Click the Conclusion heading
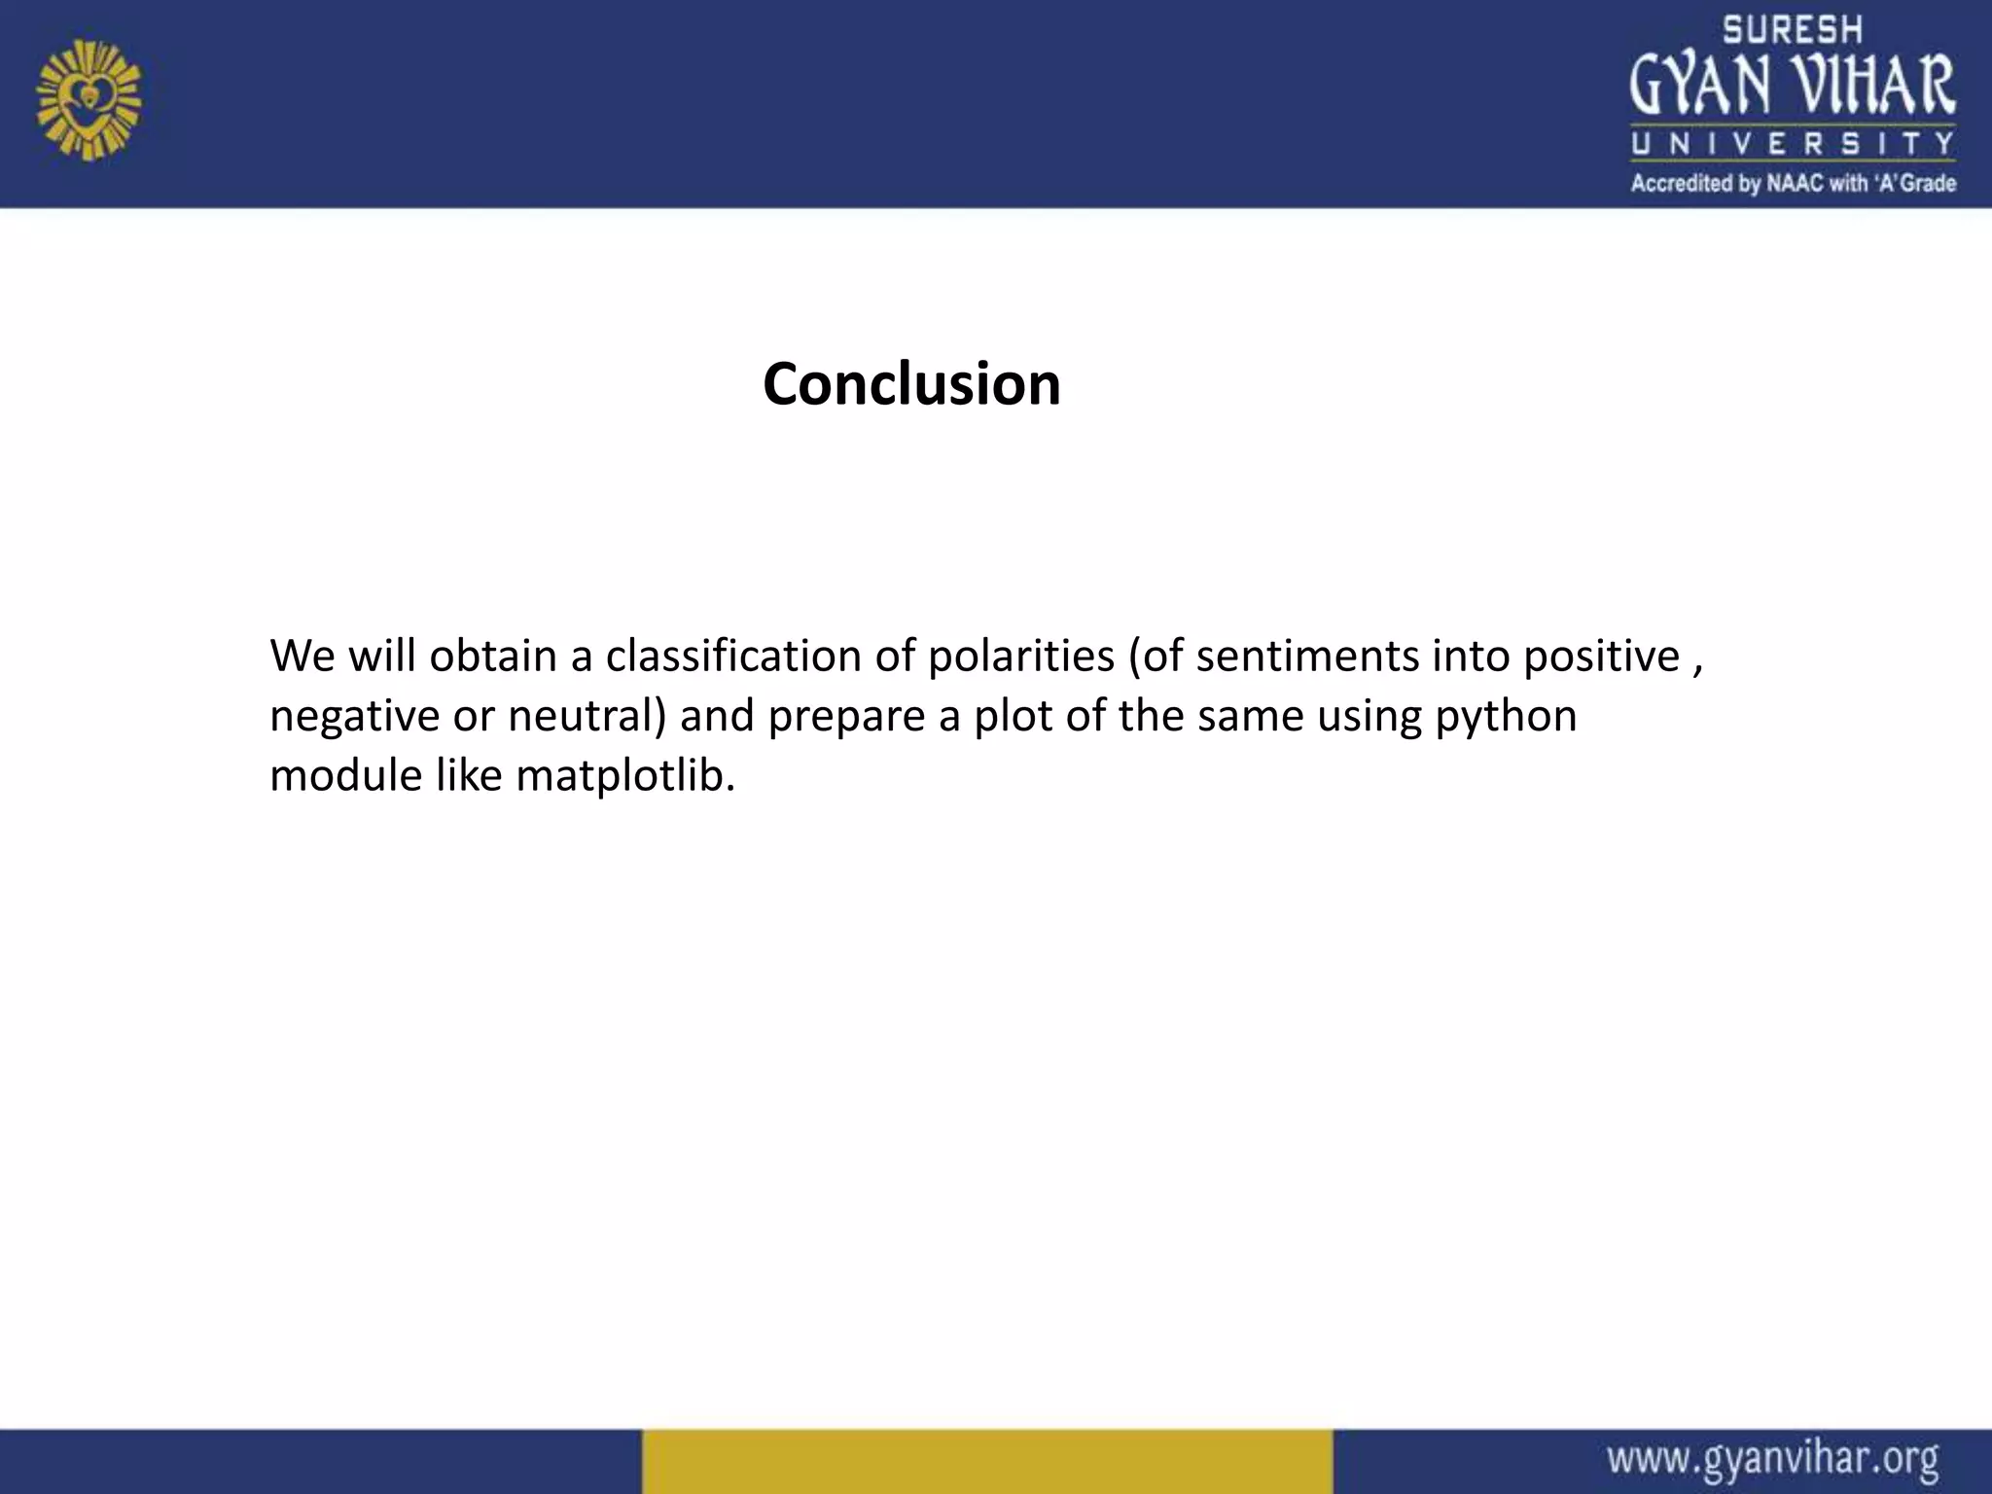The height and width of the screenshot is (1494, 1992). tap(911, 384)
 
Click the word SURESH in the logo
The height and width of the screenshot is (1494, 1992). tap(1793, 30)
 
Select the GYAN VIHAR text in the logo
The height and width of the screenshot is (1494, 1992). tap(1793, 86)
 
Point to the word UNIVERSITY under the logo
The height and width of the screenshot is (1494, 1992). tap(1793, 145)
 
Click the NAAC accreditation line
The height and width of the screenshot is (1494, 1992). tap(1793, 183)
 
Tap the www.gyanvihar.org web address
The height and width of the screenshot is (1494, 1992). tap(1772, 1459)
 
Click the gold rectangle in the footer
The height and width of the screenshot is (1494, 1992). tap(986, 1461)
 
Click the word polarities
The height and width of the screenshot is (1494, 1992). tap(1020, 656)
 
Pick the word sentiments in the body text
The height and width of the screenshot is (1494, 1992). tap(1307, 656)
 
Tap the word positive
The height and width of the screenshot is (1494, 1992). tap(1601, 658)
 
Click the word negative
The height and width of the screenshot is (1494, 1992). tap(354, 717)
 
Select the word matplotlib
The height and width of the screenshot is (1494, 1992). tap(625, 776)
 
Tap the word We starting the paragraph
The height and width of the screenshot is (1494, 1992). tap(302, 656)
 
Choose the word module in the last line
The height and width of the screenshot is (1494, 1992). tap(344, 776)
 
